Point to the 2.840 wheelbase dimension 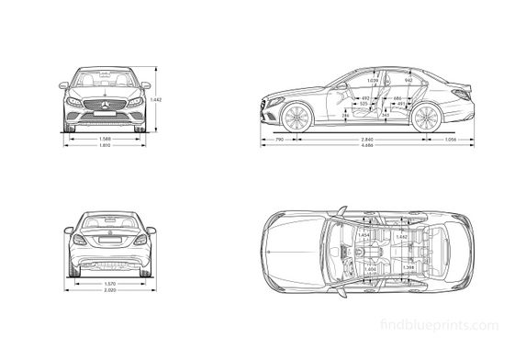pyautogui.click(x=366, y=139)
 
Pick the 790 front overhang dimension pyautogui.click(x=279, y=139)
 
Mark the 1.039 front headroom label pyautogui.click(x=347, y=82)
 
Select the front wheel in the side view pyautogui.click(x=295, y=118)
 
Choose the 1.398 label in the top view pyautogui.click(x=409, y=267)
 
